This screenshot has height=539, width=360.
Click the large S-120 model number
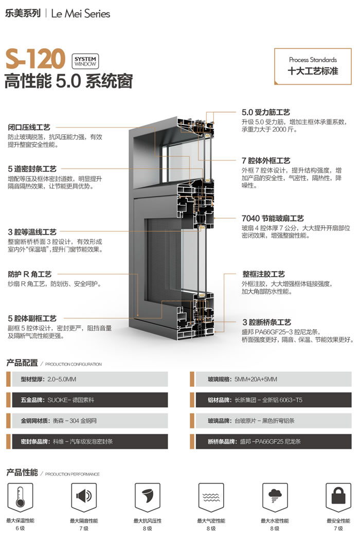click(35, 59)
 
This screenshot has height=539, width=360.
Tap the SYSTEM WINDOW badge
click(85, 62)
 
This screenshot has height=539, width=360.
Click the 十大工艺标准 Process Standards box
click(313, 66)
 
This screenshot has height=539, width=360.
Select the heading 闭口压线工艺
click(29, 127)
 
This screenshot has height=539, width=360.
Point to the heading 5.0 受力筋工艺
click(265, 113)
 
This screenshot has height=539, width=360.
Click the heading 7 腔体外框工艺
click(266, 160)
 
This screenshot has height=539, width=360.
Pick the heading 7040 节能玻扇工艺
click(273, 218)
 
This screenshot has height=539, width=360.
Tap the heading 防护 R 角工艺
click(29, 274)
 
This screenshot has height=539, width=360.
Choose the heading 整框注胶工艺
click(263, 274)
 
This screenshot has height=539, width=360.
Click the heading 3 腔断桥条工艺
click(266, 322)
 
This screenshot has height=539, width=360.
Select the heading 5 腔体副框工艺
click(32, 318)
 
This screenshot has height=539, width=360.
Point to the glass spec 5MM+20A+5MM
click(256, 379)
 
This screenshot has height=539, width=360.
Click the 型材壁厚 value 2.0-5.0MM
click(62, 379)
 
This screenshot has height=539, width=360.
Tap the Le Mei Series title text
click(80, 14)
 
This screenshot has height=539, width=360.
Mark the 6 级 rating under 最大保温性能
click(20, 528)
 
